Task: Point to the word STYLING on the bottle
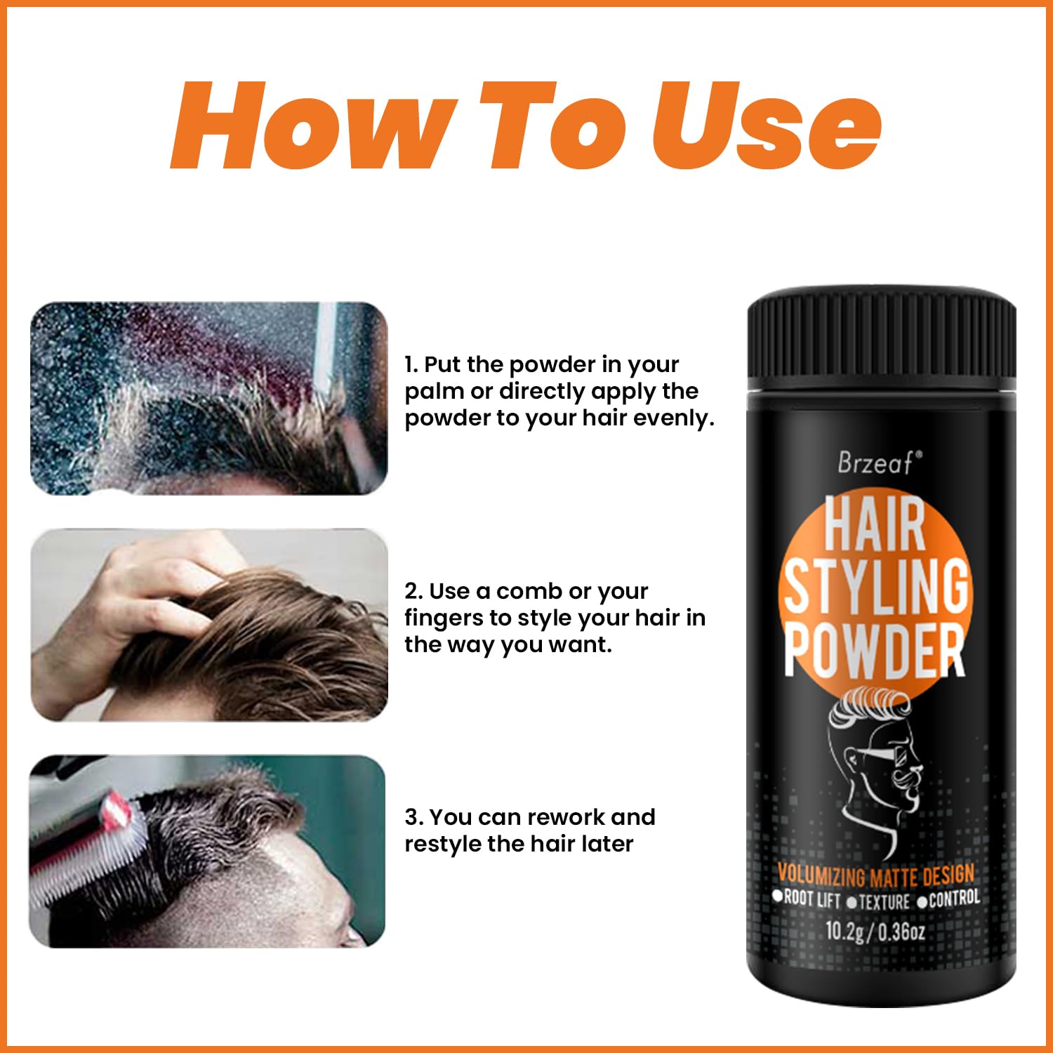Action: [876, 586]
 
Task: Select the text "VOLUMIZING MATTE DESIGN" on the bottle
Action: [876, 876]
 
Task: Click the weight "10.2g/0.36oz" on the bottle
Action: [875, 931]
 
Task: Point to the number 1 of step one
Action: [409, 364]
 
